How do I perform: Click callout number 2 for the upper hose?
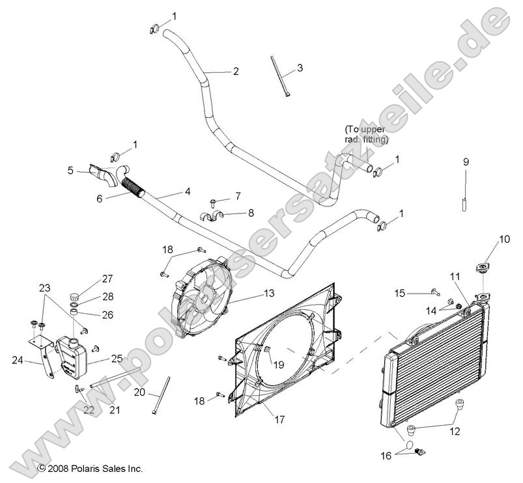point(235,72)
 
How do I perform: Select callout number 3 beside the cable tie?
point(300,67)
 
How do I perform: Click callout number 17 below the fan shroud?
point(279,420)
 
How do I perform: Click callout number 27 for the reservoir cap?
point(107,279)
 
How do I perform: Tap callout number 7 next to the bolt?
point(238,195)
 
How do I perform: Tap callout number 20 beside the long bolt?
point(139,392)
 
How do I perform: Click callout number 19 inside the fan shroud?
point(278,365)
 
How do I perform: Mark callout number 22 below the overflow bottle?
point(89,409)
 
